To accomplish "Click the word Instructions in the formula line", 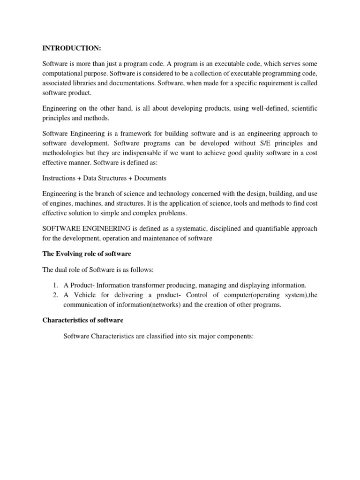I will [x=58, y=178].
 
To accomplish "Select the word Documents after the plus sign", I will [x=150, y=178].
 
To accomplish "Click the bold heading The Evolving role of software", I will [x=87, y=254].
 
